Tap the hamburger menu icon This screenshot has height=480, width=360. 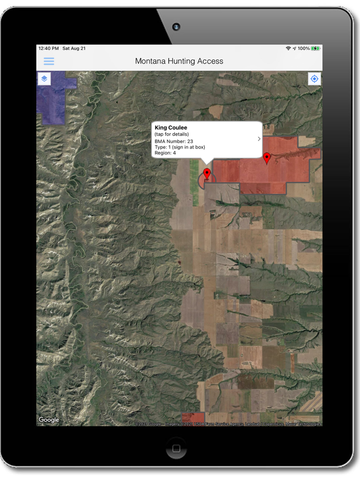pos(49,61)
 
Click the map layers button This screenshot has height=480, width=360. pos(45,79)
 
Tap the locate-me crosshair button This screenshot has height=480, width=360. pos(314,79)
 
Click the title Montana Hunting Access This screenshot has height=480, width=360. pos(179,61)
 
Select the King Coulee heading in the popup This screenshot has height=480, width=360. pos(171,127)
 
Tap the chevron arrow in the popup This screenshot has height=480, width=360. pos(259,139)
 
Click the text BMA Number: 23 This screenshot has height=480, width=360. pos(174,141)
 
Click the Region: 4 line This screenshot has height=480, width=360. pos(165,153)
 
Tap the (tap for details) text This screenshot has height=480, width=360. pos(172,134)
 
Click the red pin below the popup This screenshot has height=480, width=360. pos(207,173)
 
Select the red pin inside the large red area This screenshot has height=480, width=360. pos(266,158)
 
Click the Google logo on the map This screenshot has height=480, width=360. pos(49,420)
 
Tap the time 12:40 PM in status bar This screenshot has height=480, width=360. pos(48,48)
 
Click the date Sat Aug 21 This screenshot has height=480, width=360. pos(74,48)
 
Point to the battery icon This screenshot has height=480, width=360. pos(316,48)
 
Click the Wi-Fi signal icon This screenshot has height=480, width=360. pos(289,48)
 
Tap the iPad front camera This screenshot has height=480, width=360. pos(176,26)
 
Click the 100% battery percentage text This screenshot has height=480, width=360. pos(303,48)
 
